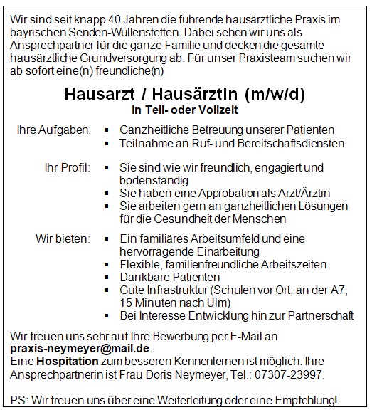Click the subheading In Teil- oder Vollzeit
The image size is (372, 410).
[185, 110]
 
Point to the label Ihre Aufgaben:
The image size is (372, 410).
[54, 131]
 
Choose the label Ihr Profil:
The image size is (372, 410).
[67, 167]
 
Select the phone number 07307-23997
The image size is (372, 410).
[293, 374]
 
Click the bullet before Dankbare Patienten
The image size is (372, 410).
[106, 278]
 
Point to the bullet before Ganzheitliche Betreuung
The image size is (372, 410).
[106, 131]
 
